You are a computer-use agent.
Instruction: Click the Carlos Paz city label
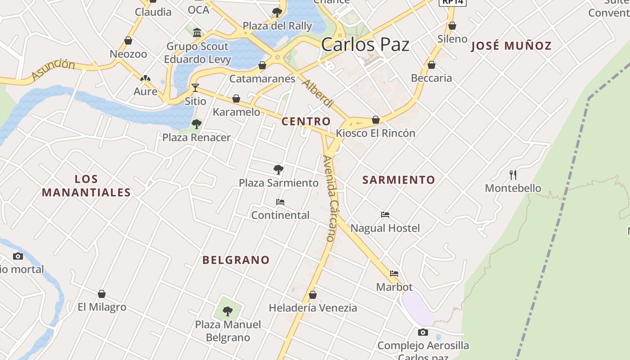click(x=365, y=45)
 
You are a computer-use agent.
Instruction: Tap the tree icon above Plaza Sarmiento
click(x=279, y=170)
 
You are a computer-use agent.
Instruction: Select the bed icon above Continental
click(x=280, y=202)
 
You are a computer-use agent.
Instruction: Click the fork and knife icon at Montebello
click(x=513, y=175)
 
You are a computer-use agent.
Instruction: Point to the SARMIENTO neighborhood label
click(x=399, y=180)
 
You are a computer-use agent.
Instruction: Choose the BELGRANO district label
click(x=236, y=260)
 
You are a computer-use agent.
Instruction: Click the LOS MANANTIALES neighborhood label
click(x=86, y=186)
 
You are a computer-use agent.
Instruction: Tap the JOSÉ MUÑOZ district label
click(x=511, y=46)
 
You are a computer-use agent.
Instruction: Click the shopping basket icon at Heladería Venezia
click(x=313, y=295)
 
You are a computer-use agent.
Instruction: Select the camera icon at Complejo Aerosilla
click(x=423, y=333)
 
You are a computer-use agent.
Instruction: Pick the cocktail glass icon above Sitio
click(x=195, y=87)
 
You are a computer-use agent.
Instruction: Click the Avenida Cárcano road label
click(x=330, y=198)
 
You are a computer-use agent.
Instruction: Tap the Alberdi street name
click(x=318, y=93)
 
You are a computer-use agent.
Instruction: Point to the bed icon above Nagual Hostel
click(x=385, y=215)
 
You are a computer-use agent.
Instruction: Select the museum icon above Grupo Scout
click(x=197, y=32)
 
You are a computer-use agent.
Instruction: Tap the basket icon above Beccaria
click(x=432, y=65)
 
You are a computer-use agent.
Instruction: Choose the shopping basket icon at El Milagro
click(x=102, y=294)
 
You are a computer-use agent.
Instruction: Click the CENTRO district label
click(x=306, y=121)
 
